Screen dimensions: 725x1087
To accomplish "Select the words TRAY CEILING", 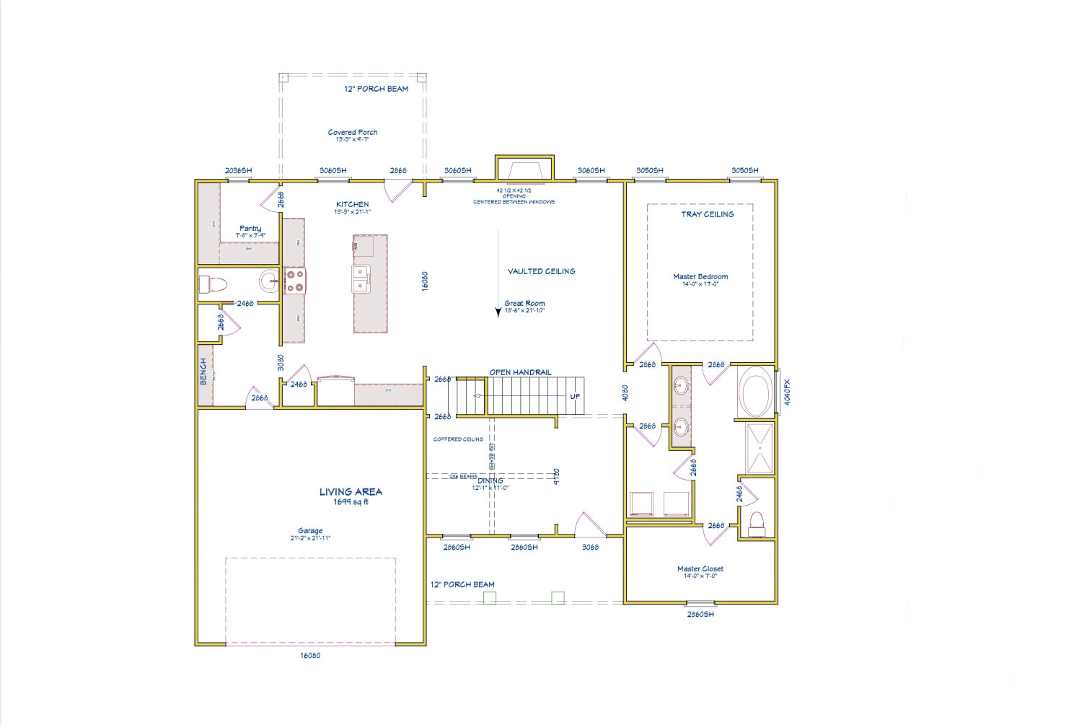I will click(x=707, y=214).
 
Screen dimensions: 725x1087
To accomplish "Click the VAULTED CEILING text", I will click(x=541, y=271).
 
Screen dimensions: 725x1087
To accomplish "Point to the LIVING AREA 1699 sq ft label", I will click(x=351, y=496).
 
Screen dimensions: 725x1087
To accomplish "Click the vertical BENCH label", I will click(x=203, y=371).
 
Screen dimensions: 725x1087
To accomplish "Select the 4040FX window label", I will click(x=787, y=392).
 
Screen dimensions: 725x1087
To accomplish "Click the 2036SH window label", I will click(x=238, y=171).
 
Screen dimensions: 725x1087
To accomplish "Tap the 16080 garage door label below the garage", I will click(x=309, y=656).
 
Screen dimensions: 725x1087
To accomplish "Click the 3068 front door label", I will click(x=589, y=548).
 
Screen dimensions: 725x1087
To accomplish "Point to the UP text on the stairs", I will click(x=575, y=396).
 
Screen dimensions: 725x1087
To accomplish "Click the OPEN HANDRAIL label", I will click(x=520, y=372).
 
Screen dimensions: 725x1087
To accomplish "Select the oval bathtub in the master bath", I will click(x=754, y=392).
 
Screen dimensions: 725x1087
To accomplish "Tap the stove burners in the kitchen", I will click(x=294, y=281).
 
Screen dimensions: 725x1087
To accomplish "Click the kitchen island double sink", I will click(x=361, y=278).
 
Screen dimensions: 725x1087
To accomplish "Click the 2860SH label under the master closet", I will click(x=699, y=615).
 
